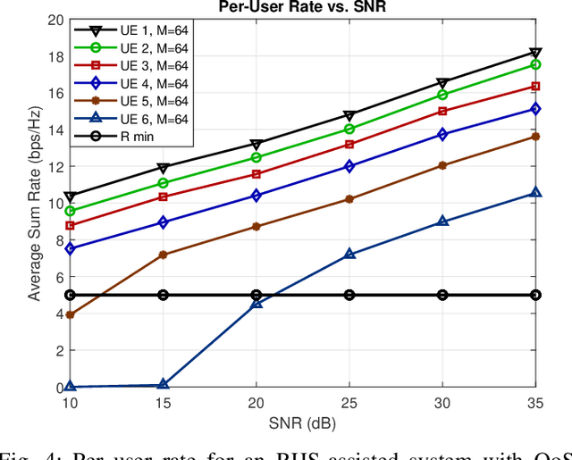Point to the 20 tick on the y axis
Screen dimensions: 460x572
[x=55, y=20]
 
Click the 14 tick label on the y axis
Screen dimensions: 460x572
[x=55, y=130]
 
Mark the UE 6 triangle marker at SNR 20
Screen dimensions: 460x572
[x=257, y=304]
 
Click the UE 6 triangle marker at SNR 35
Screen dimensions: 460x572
[x=536, y=193]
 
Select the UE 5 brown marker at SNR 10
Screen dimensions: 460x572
[x=70, y=314]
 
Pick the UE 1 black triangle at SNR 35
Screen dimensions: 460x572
[x=536, y=53]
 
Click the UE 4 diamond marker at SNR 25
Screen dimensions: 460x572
[x=349, y=166]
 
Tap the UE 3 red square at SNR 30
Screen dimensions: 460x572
[x=443, y=112]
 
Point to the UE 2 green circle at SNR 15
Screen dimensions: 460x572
[x=163, y=183]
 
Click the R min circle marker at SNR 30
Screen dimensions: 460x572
[x=443, y=295]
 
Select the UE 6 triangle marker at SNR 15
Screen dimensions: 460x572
[x=163, y=384]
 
